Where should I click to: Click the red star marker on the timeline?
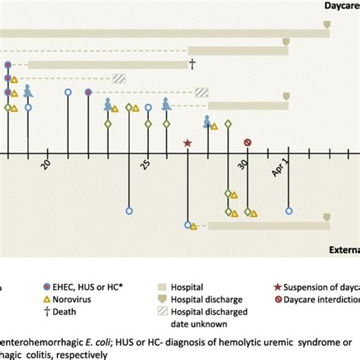click(188, 143)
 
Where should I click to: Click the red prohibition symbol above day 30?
click(248, 143)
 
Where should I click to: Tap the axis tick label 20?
click(46, 166)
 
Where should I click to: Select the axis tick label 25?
click(147, 166)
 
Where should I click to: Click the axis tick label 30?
click(242, 166)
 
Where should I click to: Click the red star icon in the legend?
click(276, 287)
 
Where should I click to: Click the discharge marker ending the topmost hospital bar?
click(327, 26)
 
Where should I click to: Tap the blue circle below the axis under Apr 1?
click(289, 211)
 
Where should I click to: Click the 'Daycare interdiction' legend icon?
click(276, 300)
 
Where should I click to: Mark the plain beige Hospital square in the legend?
click(163, 287)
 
